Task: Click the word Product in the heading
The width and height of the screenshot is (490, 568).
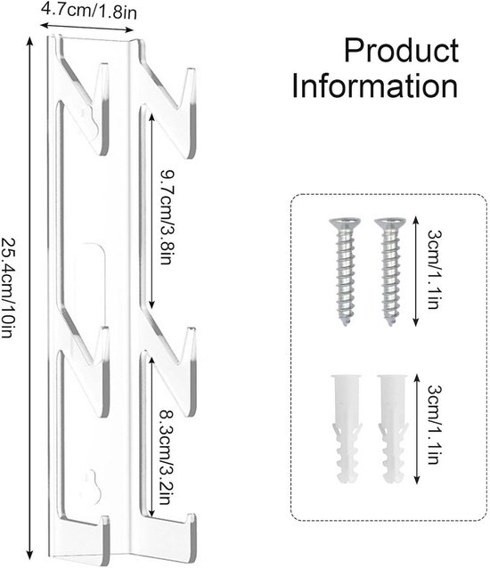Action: tap(401, 51)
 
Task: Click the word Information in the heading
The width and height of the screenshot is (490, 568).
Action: tap(375, 85)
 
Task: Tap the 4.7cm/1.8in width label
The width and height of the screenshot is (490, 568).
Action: tap(89, 11)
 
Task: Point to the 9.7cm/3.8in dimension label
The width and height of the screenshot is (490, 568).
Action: tap(167, 216)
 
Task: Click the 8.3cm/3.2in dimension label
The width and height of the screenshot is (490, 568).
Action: tap(166, 458)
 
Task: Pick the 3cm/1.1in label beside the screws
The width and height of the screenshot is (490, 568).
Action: tap(434, 270)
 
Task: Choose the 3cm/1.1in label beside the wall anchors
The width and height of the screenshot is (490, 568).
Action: tap(434, 425)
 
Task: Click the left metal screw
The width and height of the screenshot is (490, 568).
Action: tap(345, 272)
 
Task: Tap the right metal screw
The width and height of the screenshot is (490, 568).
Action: tap(390, 272)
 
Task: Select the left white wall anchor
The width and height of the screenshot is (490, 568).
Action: tap(346, 429)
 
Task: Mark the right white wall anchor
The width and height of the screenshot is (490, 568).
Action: tap(393, 429)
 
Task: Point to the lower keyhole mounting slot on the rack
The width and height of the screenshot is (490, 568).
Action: tap(94, 486)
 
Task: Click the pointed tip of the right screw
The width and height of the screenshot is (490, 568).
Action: tap(390, 323)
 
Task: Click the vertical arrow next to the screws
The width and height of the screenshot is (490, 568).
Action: tap(416, 272)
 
